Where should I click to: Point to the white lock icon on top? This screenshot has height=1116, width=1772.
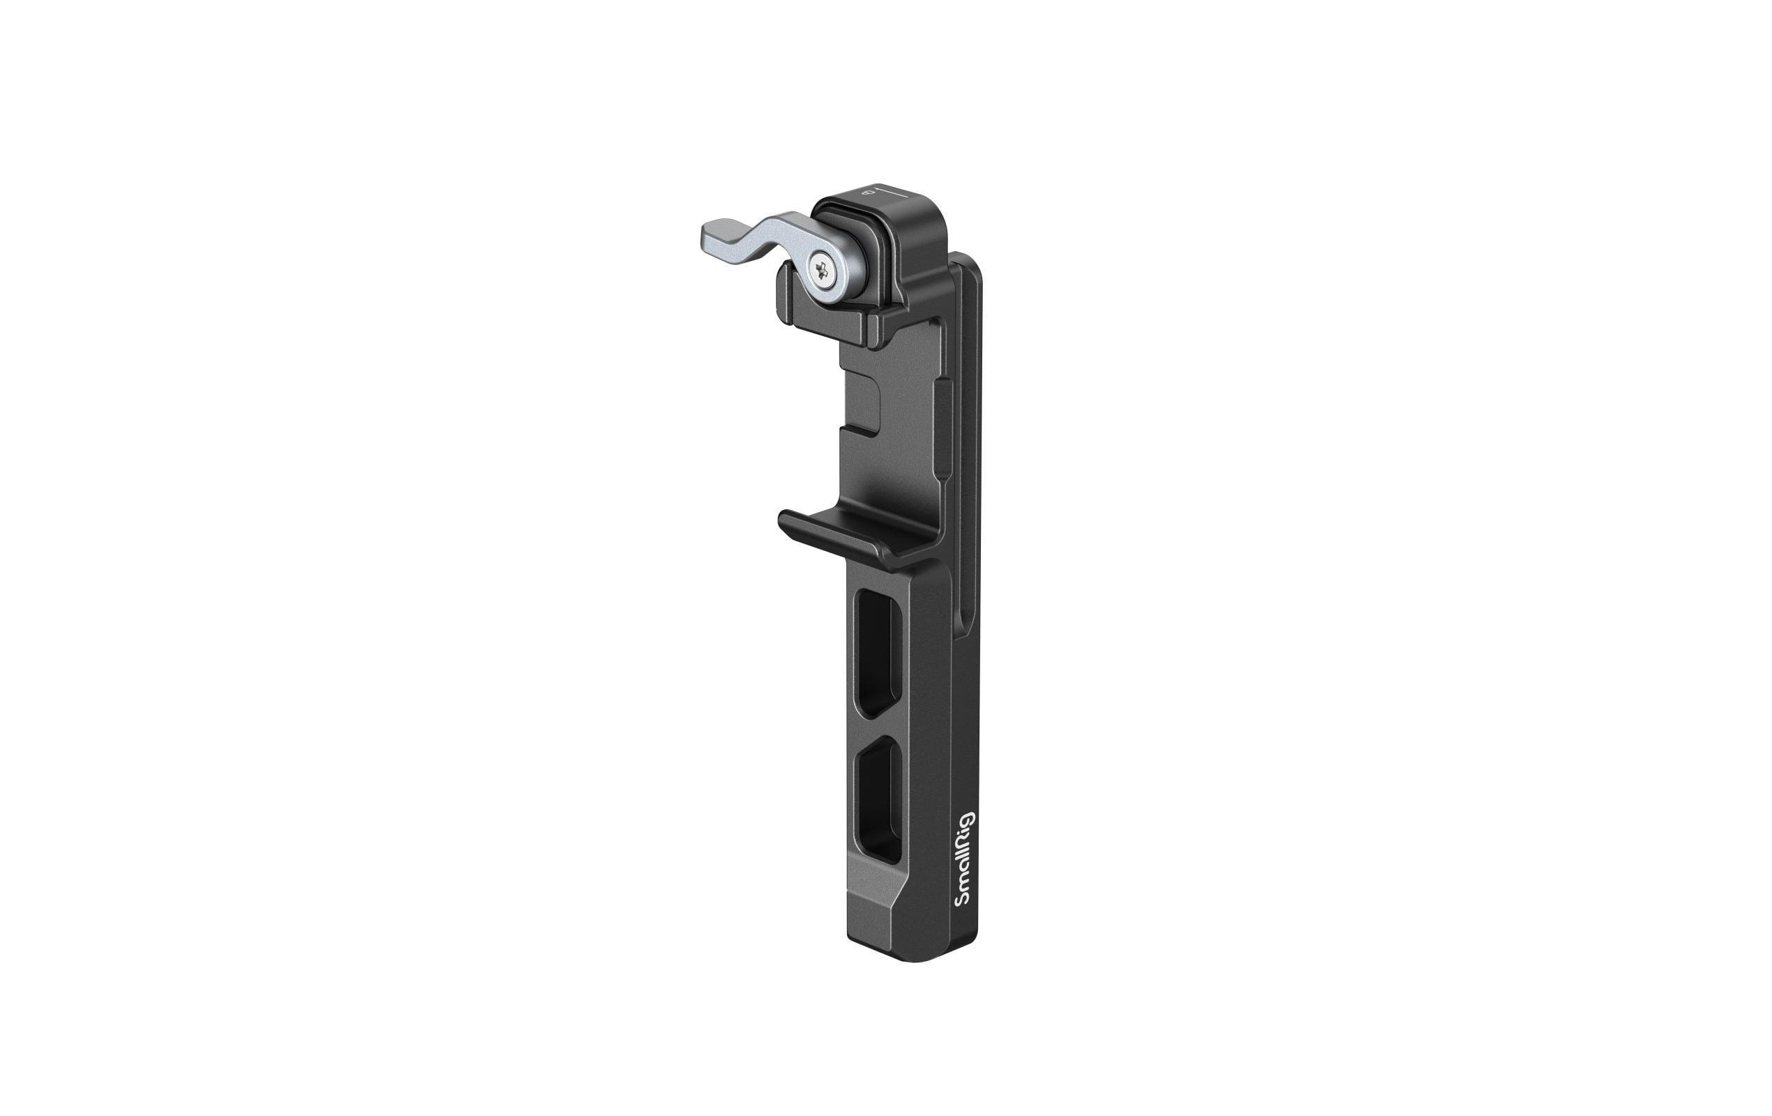coord(869,193)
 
